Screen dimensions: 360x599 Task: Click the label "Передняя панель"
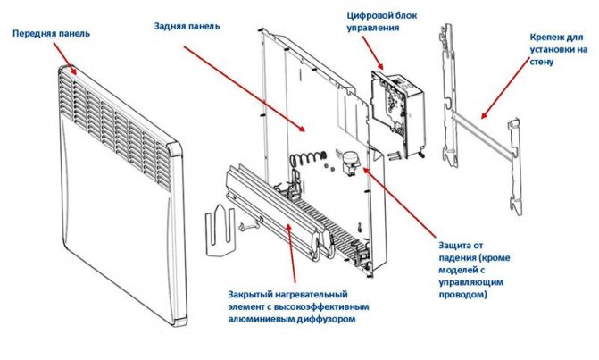point(49,34)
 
